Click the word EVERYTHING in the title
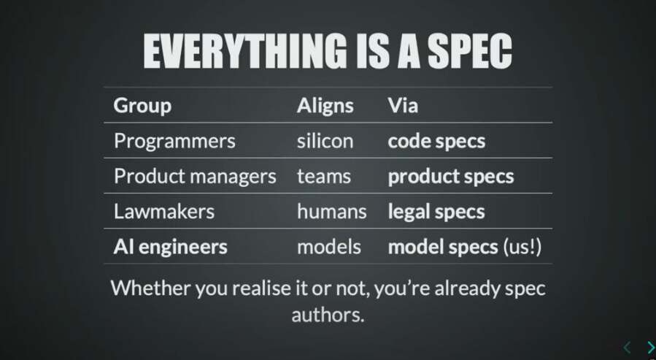245,51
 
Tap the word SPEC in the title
469,51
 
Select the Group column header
142,105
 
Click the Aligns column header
325,105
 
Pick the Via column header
403,105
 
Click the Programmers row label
174,141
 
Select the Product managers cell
195,176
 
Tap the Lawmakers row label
164,211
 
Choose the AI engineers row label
170,247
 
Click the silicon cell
325,141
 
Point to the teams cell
324,177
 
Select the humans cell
332,211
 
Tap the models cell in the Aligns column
329,247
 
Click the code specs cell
436,142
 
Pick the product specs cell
450,177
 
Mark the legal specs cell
436,212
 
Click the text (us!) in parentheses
522,247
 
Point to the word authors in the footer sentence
328,315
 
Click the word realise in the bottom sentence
261,288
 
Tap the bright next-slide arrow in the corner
651,348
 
